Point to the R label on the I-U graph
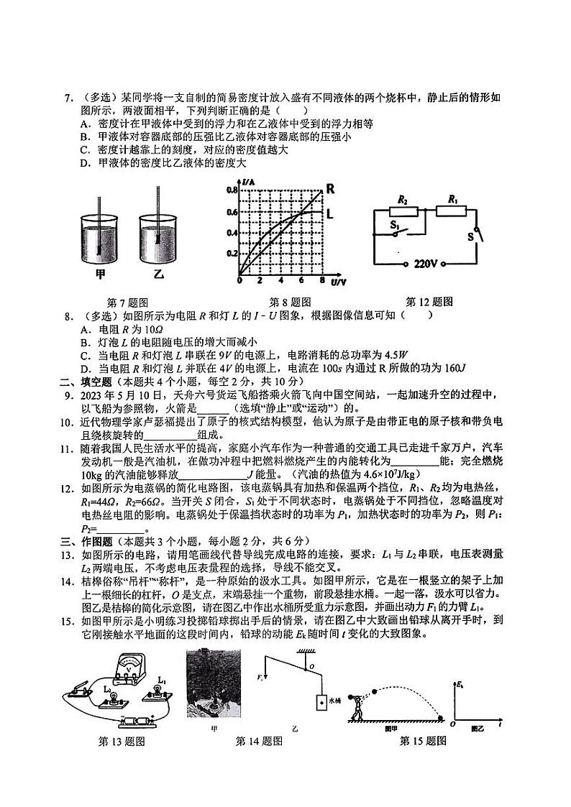coord(331,189)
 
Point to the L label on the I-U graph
coord(330,213)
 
